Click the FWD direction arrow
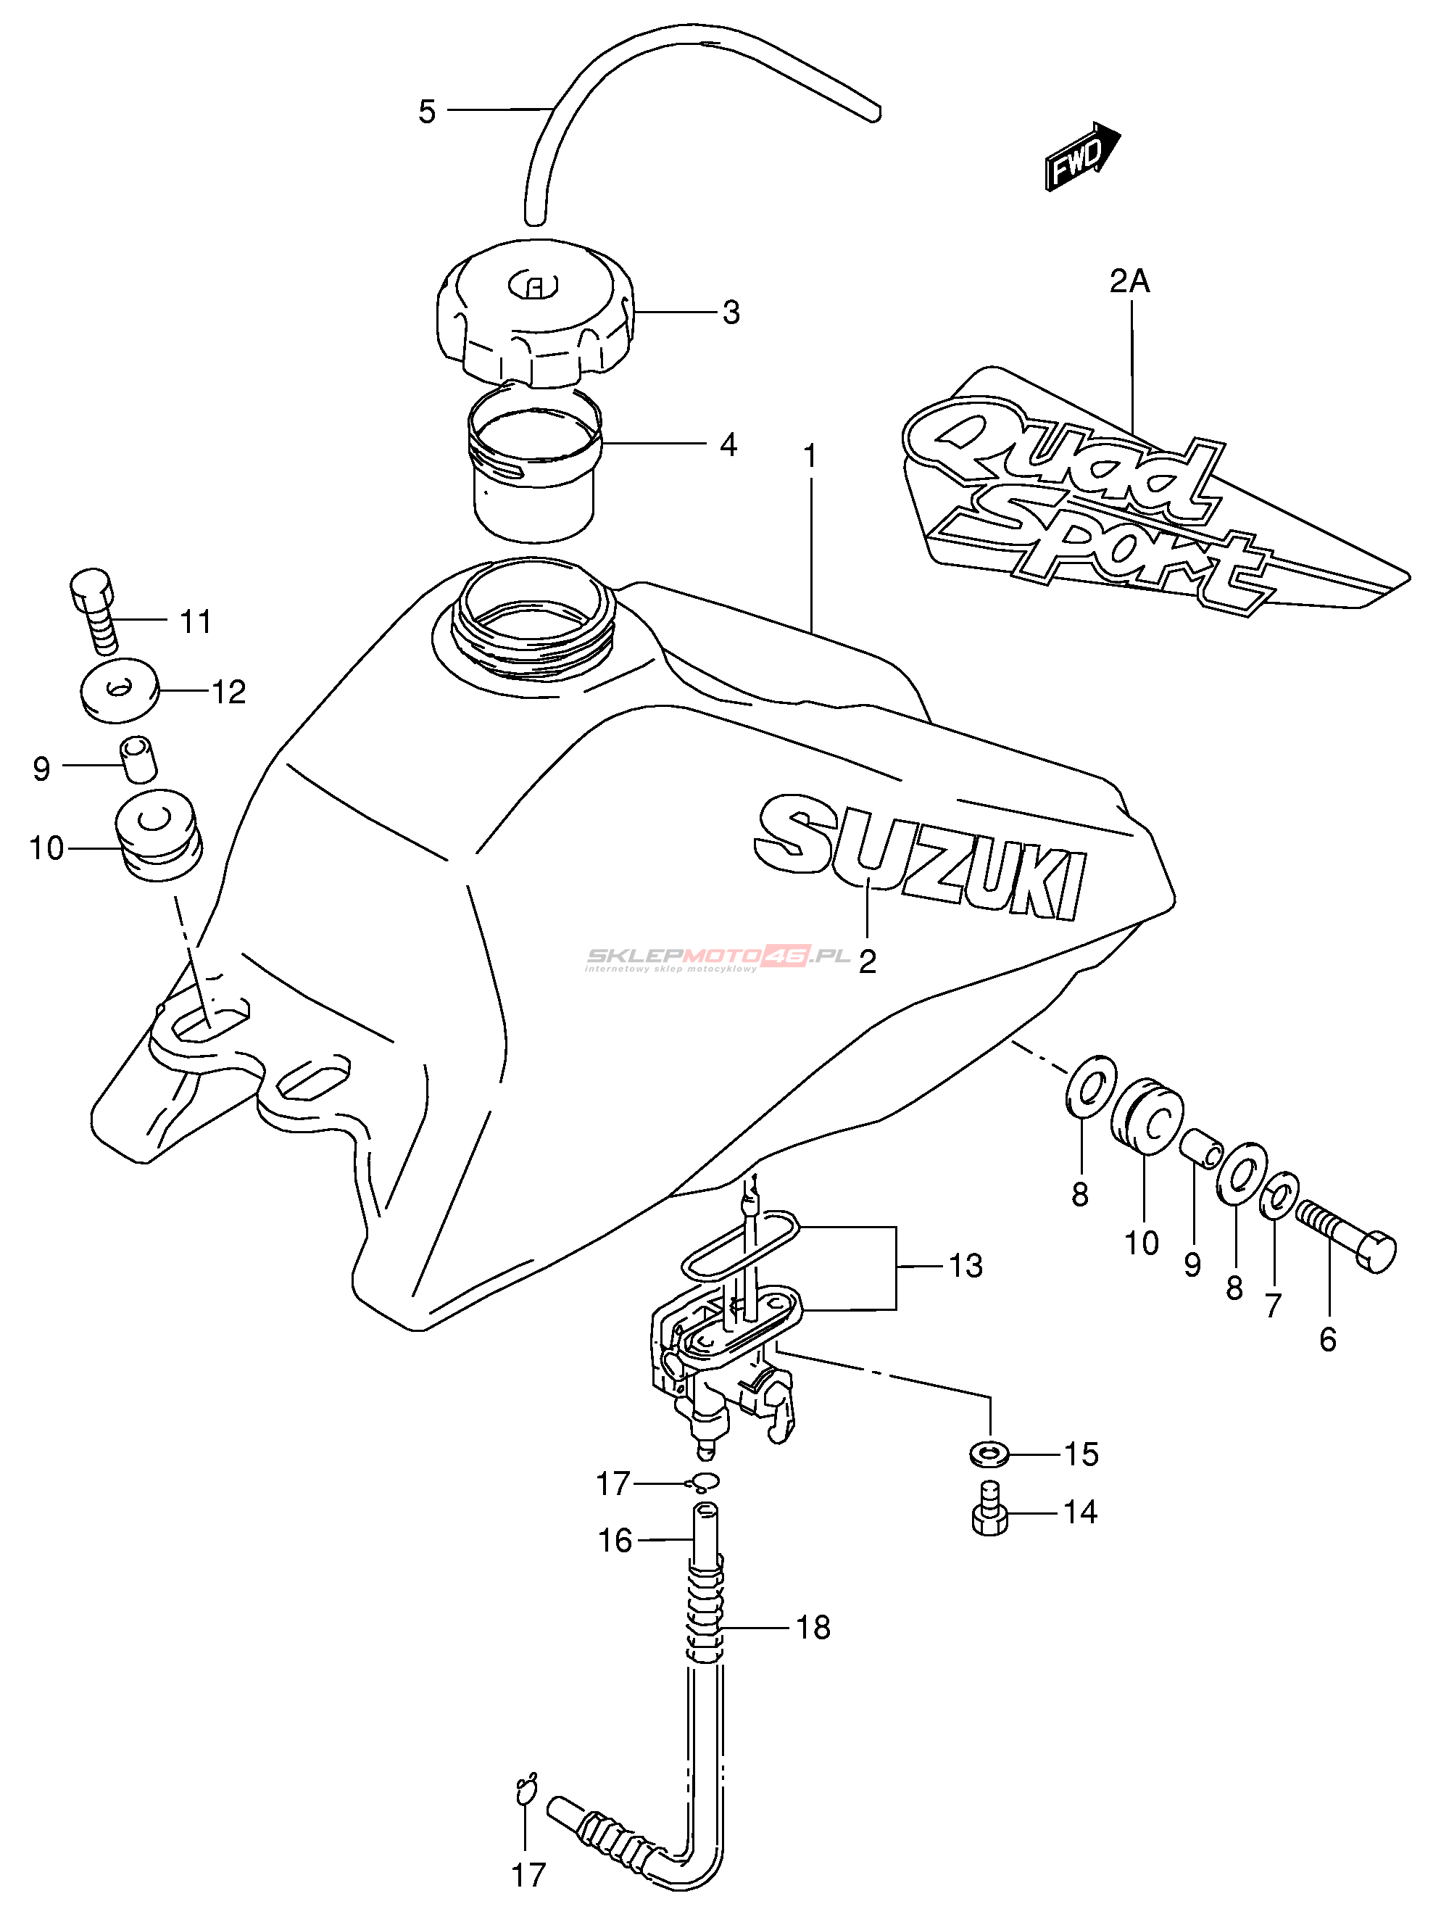[x=1083, y=156]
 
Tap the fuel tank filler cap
[x=536, y=313]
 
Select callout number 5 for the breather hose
[x=426, y=112]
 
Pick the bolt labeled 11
[x=94, y=611]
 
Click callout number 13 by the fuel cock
[x=965, y=1265]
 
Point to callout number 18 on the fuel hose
[x=813, y=1628]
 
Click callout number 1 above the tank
[x=810, y=456]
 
